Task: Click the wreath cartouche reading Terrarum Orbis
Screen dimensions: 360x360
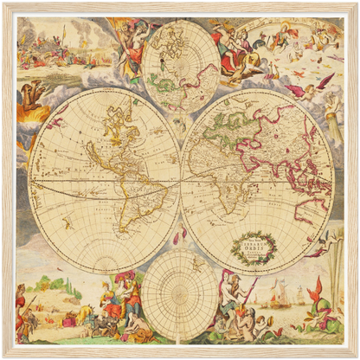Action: click(x=253, y=246)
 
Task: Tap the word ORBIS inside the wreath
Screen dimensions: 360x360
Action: click(x=253, y=246)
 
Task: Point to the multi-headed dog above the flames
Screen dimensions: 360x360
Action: click(x=31, y=92)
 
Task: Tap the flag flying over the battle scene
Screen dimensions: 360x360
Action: click(x=62, y=32)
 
